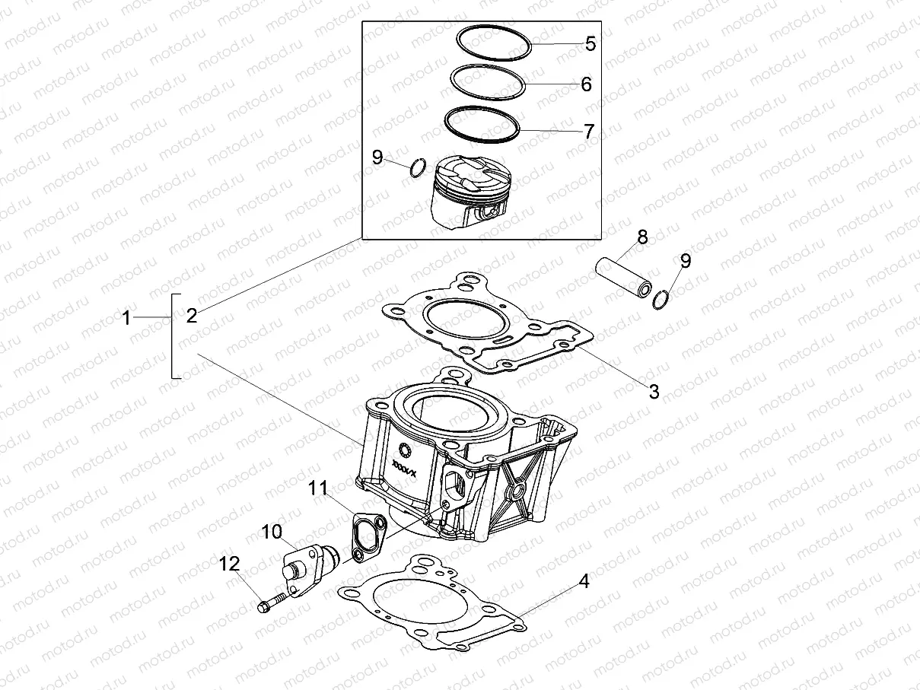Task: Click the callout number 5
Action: point(590,43)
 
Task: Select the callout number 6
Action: point(585,84)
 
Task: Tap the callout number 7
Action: point(588,131)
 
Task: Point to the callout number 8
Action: point(642,237)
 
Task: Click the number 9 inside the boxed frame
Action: point(378,157)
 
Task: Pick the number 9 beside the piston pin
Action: point(686,261)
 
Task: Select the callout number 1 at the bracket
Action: point(127,318)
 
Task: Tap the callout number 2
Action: point(192,315)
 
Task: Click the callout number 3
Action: point(654,392)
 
